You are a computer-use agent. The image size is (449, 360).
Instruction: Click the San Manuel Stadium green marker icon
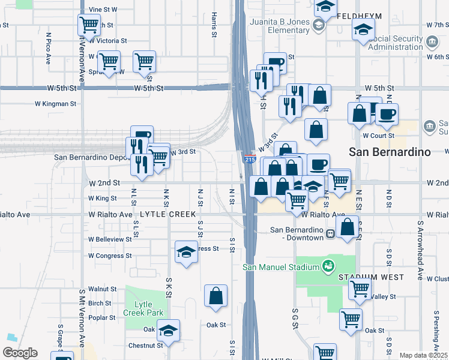click(328, 265)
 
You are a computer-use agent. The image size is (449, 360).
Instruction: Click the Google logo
click(20, 353)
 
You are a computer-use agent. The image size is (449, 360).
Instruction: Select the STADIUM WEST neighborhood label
click(361, 277)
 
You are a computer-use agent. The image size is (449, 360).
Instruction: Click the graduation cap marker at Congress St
click(186, 252)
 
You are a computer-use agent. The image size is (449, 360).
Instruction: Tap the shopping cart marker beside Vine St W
click(89, 25)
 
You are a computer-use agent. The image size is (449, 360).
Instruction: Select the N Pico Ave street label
click(47, 48)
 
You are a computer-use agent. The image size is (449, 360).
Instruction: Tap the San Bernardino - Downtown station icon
click(331, 234)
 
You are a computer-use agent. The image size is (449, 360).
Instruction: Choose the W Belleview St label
click(110, 239)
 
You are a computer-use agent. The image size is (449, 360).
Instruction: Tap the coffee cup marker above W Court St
click(387, 114)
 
